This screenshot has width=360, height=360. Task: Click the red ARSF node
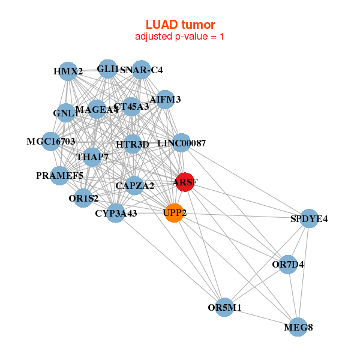coord(185,182)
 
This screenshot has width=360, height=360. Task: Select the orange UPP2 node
coord(174,213)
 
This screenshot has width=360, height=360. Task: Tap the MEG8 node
coord(298,328)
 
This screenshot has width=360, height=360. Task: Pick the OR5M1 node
coord(224,307)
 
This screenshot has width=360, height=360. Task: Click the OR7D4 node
coord(288,264)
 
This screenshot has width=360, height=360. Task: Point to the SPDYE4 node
coord(309,218)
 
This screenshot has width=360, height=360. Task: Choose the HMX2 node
coord(68,71)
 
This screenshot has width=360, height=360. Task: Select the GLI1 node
coord(108,69)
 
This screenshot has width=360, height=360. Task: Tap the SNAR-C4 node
coord(142,70)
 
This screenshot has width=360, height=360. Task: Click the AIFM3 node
coord(165,99)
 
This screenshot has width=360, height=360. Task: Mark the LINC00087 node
coord(181,143)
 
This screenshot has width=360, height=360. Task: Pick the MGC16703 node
coord(51,142)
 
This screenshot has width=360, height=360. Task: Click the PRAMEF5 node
coord(59,176)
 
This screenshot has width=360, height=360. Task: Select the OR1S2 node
coord(84,197)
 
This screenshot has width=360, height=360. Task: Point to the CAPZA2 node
coord(135,185)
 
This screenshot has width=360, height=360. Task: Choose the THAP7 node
coord(92,157)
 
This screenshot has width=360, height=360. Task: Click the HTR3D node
coord(133,144)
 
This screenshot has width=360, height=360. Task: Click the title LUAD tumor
coord(180,25)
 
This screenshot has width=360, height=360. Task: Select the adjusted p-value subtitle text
coord(180,37)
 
